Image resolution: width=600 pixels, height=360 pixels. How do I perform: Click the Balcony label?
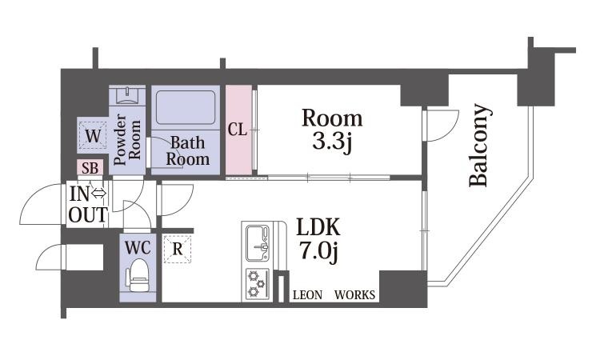tap(479, 145)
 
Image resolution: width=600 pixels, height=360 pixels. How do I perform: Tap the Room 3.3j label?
tap(332, 131)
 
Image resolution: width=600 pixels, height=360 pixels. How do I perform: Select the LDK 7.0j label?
tap(318, 239)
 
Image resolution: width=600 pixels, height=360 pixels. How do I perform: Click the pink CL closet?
tap(239, 130)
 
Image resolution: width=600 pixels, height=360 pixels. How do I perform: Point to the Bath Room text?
tap(187, 151)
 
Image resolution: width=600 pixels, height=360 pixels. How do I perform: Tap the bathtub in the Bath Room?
tap(186, 107)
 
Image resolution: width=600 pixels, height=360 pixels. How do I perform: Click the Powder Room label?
tap(127, 140)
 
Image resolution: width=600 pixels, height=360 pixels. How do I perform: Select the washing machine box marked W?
tap(93, 135)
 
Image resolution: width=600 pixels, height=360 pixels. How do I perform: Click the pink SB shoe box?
tap(90, 167)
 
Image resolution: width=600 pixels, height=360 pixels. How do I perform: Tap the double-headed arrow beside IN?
tap(98, 194)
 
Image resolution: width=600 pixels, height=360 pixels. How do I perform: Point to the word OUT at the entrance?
tap(88, 214)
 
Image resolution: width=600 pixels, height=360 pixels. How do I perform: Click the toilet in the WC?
tap(138, 275)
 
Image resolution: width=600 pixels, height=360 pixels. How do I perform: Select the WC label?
tap(138, 248)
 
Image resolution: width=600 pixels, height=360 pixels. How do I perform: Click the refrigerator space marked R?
tap(178, 249)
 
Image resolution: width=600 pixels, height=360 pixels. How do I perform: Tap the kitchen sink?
tap(258, 243)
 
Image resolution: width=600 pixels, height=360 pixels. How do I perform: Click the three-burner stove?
tap(257, 283)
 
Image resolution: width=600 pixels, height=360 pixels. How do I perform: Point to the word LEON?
tap(308, 295)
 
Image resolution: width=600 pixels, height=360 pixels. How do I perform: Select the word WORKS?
tap(354, 295)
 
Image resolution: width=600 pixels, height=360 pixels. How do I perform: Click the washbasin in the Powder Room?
tap(127, 95)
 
